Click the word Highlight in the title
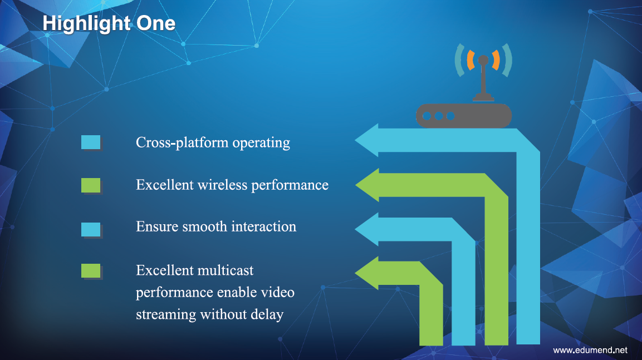click(86, 24)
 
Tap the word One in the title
click(156, 23)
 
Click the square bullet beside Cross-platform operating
click(91, 142)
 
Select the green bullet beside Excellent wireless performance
click(91, 185)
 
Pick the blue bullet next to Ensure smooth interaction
click(91, 229)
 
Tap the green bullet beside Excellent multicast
click(91, 271)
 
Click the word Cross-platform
click(182, 143)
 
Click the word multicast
click(225, 270)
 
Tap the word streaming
click(166, 315)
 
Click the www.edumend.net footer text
click(590, 350)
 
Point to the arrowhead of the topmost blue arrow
click(367, 140)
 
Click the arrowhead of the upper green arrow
click(367, 185)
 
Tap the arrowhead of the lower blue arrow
click(367, 229)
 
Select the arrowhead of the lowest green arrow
click(367, 273)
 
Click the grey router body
click(464, 116)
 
